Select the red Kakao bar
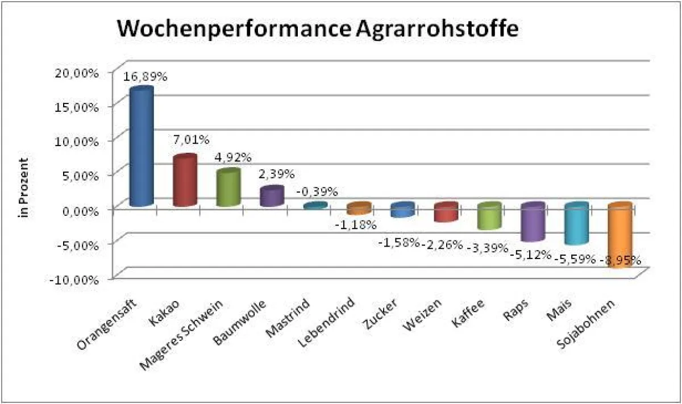[185, 181]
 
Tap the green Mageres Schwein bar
[228, 188]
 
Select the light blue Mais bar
[576, 225]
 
